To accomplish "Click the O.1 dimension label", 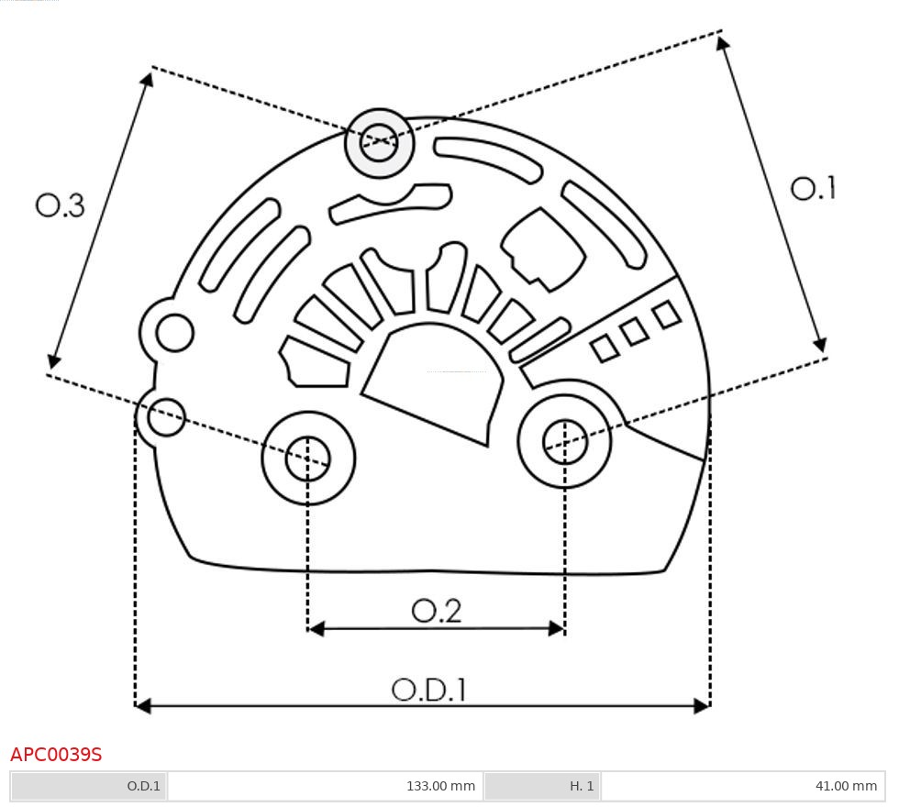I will pos(813,189).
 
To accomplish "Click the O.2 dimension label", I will pos(437,611).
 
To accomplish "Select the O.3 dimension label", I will pos(61,205).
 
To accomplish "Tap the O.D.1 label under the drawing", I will pos(429,690).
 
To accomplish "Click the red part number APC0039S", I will pos(56,755).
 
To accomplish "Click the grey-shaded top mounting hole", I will pos(379,142).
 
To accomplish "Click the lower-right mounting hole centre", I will pos(565,442).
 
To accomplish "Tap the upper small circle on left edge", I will pos(174,333).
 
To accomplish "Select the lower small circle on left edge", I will pos(167,417).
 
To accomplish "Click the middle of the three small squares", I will pos(635,331).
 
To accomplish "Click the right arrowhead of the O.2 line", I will pos(557,628).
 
